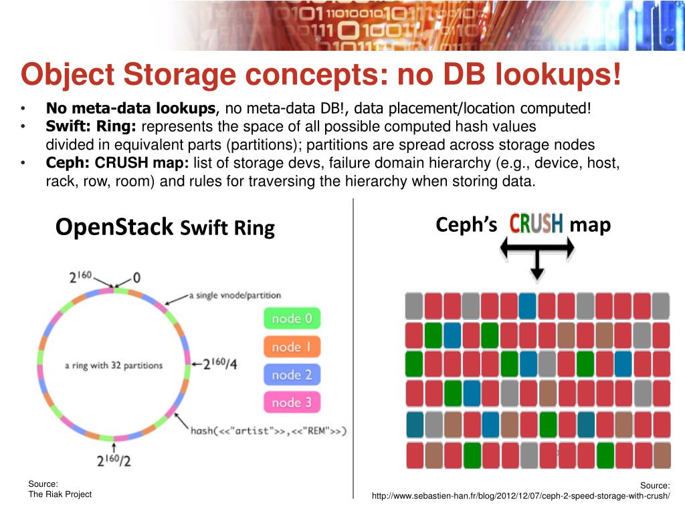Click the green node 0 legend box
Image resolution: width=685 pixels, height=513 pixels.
[x=292, y=319]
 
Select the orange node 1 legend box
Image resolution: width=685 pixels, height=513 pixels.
[x=292, y=347]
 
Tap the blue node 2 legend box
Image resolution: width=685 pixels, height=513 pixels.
[x=292, y=375]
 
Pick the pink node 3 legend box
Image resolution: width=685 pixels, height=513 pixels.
[x=292, y=402]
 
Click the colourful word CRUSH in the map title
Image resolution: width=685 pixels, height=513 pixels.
[x=536, y=224]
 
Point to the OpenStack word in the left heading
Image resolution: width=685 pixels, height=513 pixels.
[x=114, y=227]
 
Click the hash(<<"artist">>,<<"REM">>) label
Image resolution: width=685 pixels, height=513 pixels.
[x=268, y=430]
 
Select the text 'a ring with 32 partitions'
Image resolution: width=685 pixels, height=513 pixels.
[x=114, y=365]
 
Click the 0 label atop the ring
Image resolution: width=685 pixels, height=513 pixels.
[x=136, y=277]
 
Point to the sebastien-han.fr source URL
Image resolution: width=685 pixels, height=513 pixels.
[x=520, y=496]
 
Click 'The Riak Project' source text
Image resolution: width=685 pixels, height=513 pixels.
[x=60, y=494]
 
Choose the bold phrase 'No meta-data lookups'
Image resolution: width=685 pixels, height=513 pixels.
[x=131, y=108]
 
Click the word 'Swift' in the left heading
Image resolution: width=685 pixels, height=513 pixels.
[x=205, y=228]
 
